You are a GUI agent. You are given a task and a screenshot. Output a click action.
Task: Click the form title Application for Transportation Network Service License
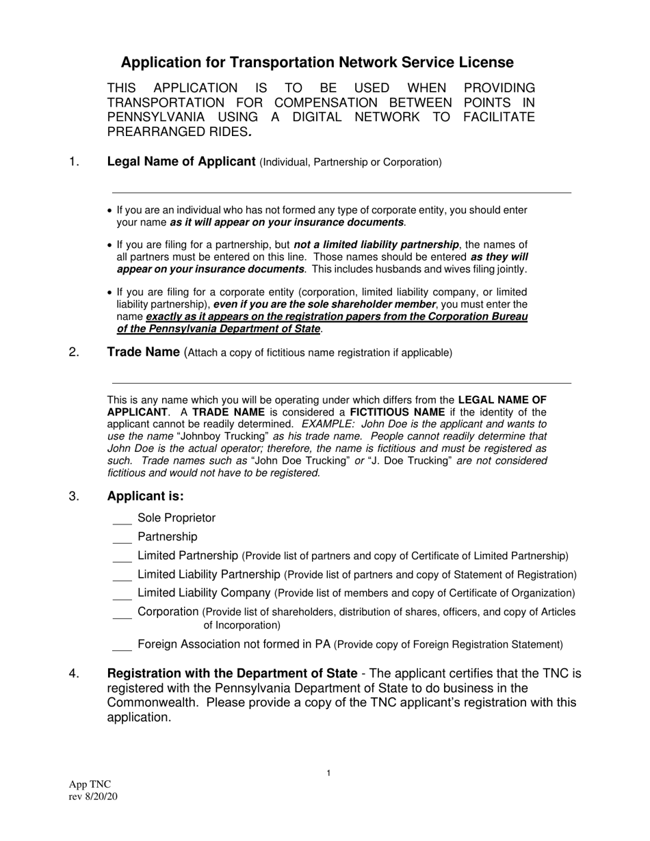coord(317,63)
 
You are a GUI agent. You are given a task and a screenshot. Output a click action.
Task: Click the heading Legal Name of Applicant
coord(181,162)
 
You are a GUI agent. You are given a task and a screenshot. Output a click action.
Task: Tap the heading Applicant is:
coord(146,496)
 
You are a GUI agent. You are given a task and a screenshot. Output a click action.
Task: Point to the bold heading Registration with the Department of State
coord(232,674)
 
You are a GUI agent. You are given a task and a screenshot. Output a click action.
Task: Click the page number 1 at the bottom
coord(328,773)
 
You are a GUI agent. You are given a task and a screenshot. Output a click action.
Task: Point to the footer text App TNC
coord(90,784)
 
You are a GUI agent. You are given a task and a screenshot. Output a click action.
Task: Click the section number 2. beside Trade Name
coord(75,353)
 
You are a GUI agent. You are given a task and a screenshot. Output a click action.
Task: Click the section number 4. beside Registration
coord(75,674)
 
